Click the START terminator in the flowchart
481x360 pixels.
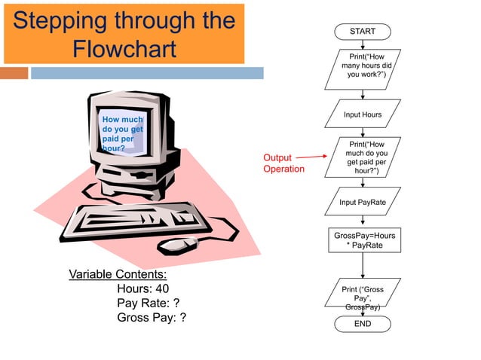click(363, 32)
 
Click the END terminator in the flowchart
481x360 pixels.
click(363, 324)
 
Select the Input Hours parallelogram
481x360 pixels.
click(363, 114)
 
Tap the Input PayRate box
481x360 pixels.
click(363, 203)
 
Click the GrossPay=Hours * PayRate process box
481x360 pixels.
click(364, 241)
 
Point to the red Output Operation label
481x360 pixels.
click(283, 163)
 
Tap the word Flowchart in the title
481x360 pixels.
click(124, 49)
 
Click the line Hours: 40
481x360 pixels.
click(143, 288)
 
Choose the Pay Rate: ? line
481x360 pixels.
click(149, 303)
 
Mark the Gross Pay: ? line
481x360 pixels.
click(152, 317)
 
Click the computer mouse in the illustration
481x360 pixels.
click(179, 243)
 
